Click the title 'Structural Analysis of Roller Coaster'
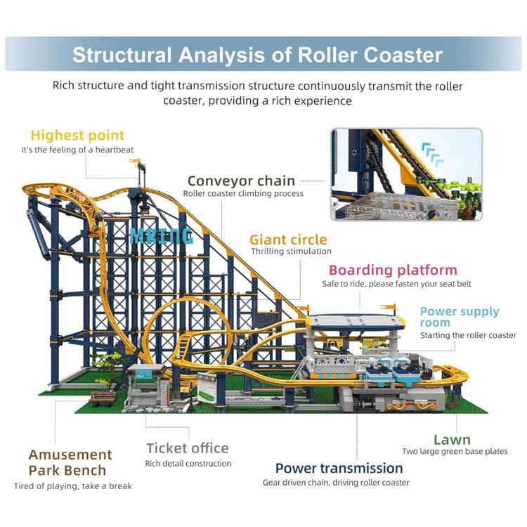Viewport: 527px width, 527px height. (x=257, y=55)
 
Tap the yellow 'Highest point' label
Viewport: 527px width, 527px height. (x=77, y=136)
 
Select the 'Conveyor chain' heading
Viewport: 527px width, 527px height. (x=241, y=181)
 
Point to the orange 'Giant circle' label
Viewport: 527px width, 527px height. (x=288, y=240)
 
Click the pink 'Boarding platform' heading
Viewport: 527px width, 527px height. (x=393, y=271)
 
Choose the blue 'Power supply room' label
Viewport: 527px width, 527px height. (x=460, y=317)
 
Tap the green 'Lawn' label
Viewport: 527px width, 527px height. (x=452, y=440)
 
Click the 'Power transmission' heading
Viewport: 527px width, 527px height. (x=339, y=468)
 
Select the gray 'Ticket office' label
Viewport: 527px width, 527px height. (x=188, y=448)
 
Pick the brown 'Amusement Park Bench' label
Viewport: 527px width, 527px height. (x=70, y=462)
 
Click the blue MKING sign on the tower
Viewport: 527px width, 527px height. (x=162, y=236)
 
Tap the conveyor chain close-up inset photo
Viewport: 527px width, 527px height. (x=406, y=174)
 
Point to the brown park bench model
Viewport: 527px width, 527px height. (x=102, y=398)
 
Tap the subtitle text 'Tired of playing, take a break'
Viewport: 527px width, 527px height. (x=72, y=486)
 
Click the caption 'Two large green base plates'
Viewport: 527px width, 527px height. (x=455, y=451)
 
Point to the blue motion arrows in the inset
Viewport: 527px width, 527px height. (x=433, y=155)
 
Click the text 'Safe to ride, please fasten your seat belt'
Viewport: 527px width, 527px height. (x=396, y=284)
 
